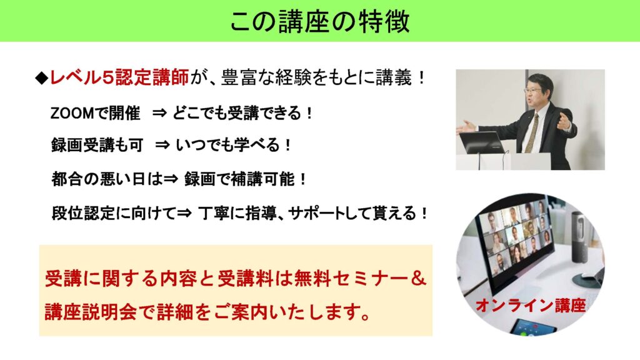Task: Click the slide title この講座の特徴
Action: click(x=319, y=21)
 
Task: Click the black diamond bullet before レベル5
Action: click(x=42, y=77)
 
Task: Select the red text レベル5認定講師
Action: click(x=119, y=77)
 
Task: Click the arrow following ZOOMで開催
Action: click(x=159, y=113)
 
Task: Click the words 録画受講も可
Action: click(x=97, y=145)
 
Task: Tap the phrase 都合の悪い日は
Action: click(x=107, y=179)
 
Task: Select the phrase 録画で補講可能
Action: click(x=239, y=179)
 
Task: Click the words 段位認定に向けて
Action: click(x=114, y=213)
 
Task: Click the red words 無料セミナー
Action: click(x=350, y=279)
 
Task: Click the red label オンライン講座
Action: click(x=531, y=305)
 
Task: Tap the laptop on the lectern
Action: click(x=482, y=142)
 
